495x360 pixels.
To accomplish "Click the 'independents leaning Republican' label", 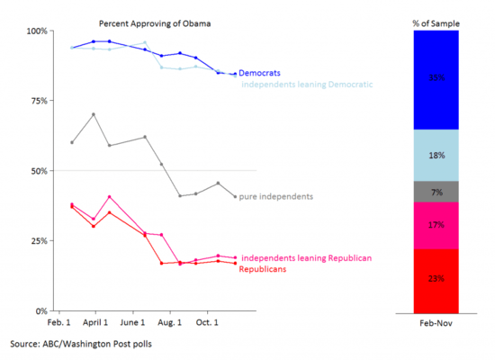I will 307,258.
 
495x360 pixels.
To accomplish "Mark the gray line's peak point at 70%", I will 94,114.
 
